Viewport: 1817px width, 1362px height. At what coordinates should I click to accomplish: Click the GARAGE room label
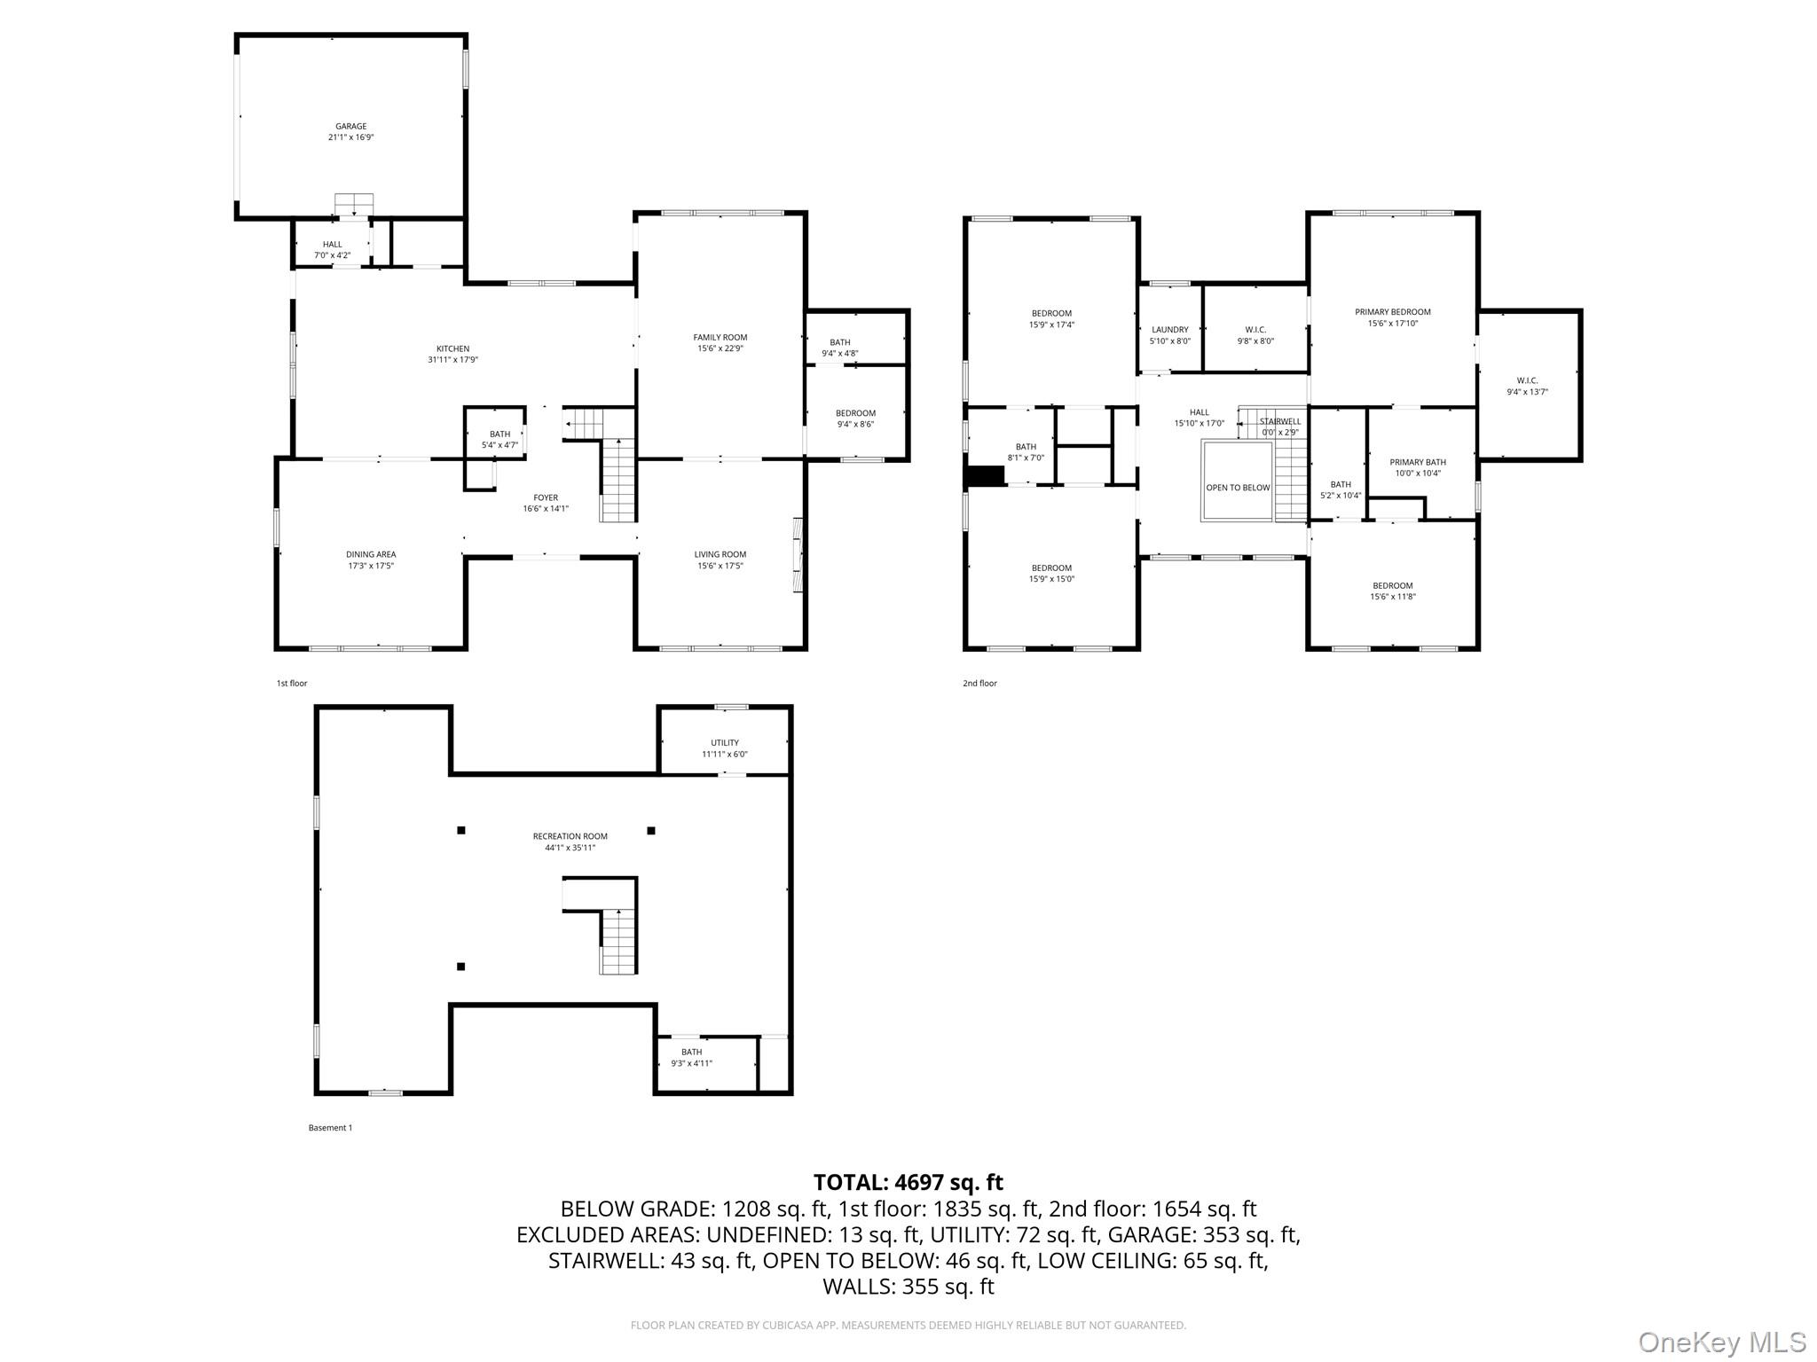pos(350,127)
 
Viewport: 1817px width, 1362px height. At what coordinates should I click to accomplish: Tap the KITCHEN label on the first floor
pos(452,348)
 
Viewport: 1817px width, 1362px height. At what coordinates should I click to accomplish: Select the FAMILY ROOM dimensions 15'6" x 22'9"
pos(720,348)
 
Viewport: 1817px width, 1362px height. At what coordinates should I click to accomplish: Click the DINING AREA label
pos(371,554)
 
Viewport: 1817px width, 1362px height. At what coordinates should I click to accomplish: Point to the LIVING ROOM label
pos(720,554)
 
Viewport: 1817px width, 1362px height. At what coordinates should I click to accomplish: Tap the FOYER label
pos(546,497)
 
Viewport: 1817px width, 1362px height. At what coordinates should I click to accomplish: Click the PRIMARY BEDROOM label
pos(1392,312)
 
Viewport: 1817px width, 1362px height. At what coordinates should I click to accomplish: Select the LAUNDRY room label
pos(1169,330)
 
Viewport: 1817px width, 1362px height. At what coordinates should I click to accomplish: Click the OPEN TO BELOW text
pos(1237,488)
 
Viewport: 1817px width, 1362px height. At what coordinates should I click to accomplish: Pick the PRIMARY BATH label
pos(1417,462)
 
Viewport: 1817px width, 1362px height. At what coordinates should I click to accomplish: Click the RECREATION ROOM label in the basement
pos(570,836)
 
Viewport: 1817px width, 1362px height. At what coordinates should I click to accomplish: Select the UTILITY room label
pos(724,743)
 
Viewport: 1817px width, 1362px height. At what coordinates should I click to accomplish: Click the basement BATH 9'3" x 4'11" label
pos(691,1058)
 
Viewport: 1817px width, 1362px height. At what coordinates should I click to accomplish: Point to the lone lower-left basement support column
pos(460,967)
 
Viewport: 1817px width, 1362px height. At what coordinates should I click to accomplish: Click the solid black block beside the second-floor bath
pos(985,476)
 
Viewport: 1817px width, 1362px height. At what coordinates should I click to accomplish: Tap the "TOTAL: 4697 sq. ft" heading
pos(908,1182)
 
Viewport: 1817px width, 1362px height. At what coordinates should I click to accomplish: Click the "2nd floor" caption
pos(979,684)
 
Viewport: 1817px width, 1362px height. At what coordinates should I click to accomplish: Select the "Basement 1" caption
pos(330,1128)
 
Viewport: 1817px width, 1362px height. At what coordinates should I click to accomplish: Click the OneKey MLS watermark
pos(1721,1342)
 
